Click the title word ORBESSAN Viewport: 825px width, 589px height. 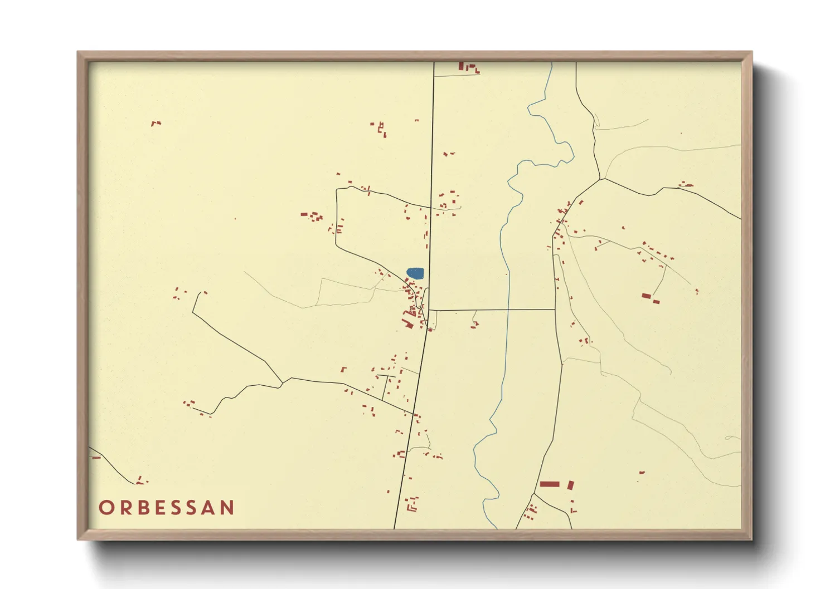tap(167, 507)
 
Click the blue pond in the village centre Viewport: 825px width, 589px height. tap(415, 273)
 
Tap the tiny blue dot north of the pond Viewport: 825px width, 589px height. tap(416, 120)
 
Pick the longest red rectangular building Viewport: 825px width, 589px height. tap(549, 484)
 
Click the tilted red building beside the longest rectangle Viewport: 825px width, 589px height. tap(571, 485)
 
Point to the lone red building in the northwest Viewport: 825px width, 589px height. tap(156, 123)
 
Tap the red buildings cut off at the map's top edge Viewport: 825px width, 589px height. tap(468, 67)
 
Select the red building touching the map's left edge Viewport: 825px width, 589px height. tap(95, 457)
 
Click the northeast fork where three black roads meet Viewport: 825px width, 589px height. tap(601, 179)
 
